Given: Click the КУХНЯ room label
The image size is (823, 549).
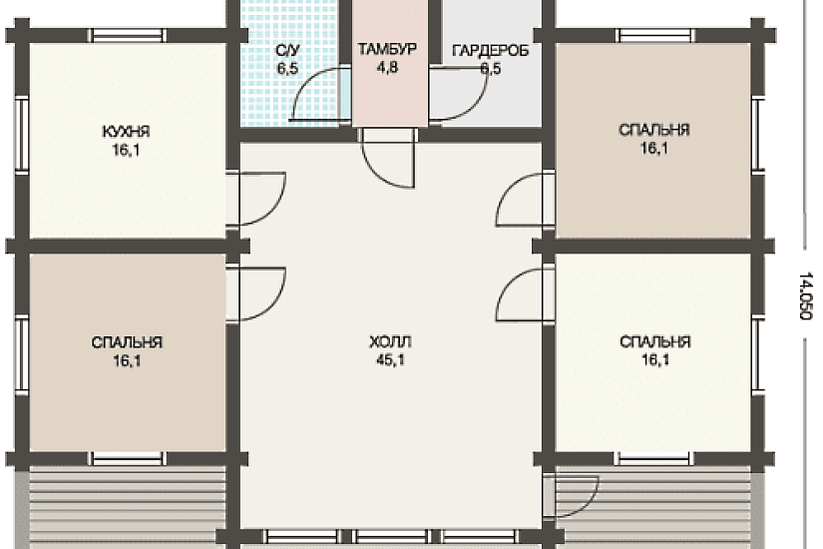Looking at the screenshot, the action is click(126, 131).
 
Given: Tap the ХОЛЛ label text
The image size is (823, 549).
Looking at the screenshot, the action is click(390, 342).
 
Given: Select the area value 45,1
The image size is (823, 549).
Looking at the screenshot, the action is click(390, 360).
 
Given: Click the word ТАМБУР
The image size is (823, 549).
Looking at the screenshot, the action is click(387, 49).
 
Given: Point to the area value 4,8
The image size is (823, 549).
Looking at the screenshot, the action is click(387, 67).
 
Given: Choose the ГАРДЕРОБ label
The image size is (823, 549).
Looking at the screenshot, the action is click(490, 51).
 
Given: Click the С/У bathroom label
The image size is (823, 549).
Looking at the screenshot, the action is click(287, 50).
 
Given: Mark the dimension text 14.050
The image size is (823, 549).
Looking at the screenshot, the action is click(805, 295).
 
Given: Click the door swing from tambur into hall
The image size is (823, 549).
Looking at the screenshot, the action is click(388, 164).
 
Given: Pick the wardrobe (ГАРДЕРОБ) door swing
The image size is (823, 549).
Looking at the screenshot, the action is click(459, 95).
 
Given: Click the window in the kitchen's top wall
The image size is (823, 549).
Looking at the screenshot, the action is click(128, 35).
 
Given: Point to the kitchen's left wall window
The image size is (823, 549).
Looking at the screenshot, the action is click(22, 135).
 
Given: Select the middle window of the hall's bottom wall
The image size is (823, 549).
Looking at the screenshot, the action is click(391, 536).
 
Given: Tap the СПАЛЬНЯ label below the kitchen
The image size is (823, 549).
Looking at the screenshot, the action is click(127, 342).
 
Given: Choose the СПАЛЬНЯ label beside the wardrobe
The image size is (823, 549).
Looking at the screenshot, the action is click(654, 130).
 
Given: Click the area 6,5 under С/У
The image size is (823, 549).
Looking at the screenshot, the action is click(287, 68).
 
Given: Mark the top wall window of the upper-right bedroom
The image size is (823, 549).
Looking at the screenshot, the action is click(656, 35).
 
